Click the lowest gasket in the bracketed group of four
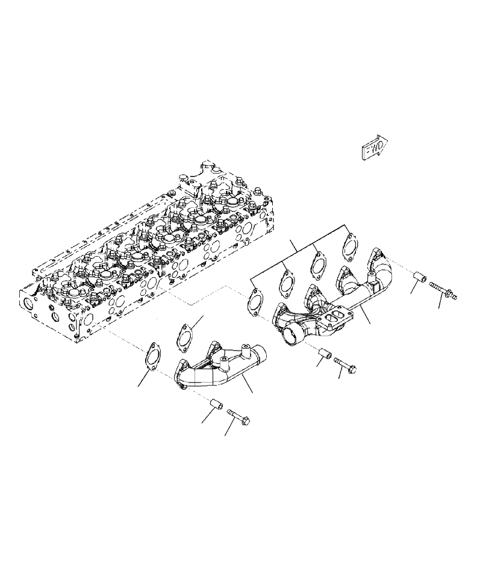point(254,303)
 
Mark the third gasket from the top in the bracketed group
point(286,284)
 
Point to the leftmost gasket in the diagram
point(151,356)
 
